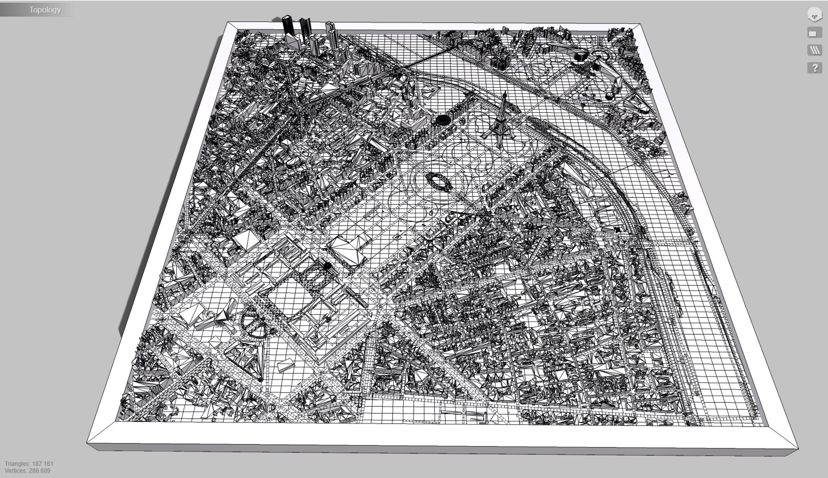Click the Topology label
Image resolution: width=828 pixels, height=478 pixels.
point(45,10)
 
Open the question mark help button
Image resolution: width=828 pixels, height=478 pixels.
point(814,68)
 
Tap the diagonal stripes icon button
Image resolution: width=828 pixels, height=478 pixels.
point(814,50)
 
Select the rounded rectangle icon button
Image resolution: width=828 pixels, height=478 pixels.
point(814,33)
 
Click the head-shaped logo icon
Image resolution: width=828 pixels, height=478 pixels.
point(814,15)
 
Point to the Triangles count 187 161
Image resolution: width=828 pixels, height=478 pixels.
point(29,464)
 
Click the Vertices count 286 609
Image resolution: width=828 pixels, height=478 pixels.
point(27,471)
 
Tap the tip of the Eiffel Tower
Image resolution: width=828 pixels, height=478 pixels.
point(504,93)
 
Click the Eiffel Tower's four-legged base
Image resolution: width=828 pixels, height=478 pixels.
point(500,135)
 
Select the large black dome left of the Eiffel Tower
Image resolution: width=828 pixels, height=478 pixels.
point(443,119)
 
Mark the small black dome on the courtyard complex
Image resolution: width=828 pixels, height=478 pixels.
point(327,266)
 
